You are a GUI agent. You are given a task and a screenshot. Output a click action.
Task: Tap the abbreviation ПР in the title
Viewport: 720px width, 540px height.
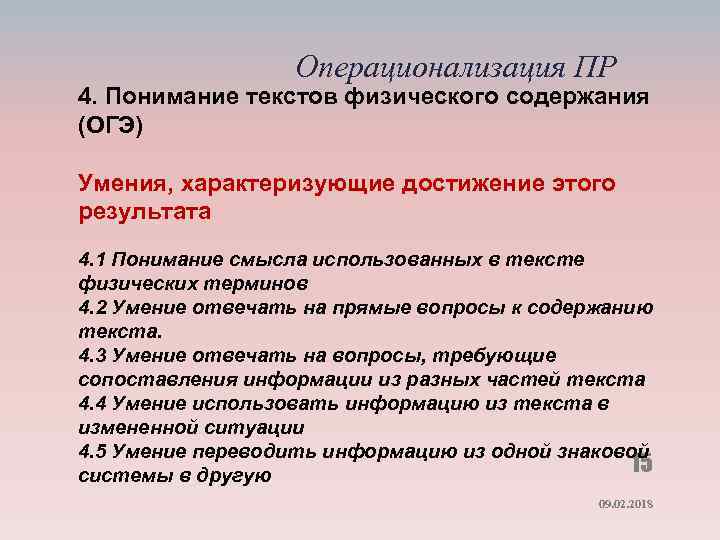[x=597, y=67]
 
